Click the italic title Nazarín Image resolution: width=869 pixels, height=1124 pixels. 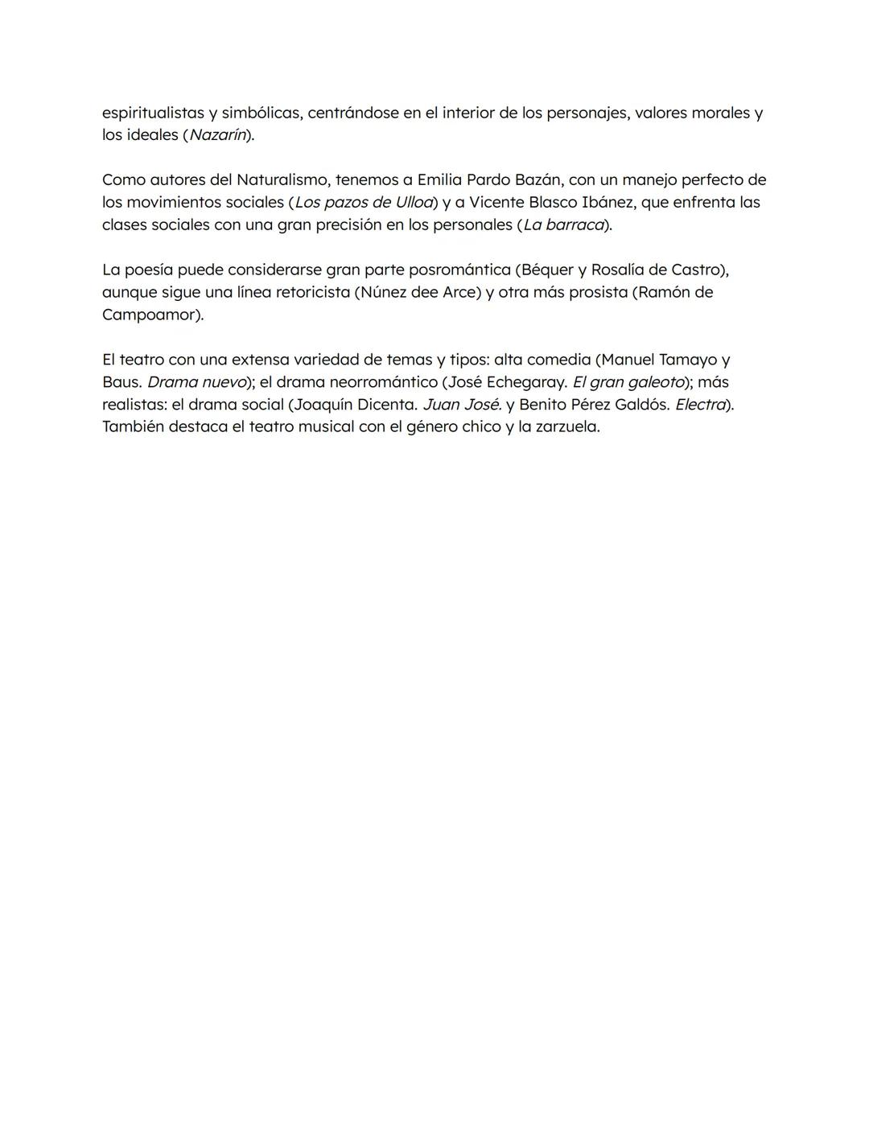point(217,135)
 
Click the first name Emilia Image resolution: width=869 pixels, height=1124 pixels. point(439,179)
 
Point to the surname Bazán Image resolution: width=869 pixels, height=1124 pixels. point(537,179)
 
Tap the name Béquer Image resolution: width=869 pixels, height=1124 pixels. point(547,270)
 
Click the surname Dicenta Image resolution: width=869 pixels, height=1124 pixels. point(385,405)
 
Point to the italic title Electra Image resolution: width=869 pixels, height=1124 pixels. point(700,405)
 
